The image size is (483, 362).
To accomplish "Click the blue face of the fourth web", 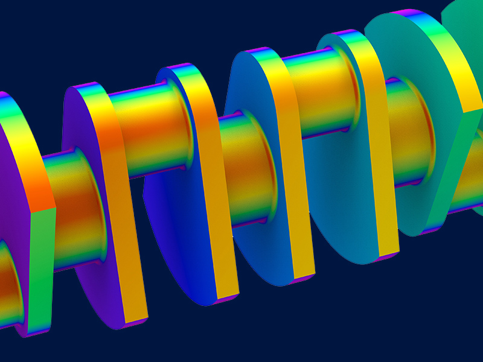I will point(260,199).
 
